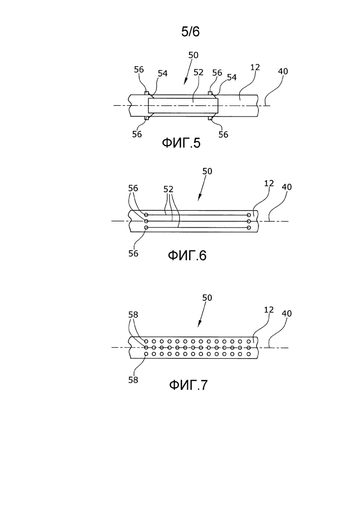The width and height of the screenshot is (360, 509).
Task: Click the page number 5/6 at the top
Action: pyautogui.click(x=190, y=32)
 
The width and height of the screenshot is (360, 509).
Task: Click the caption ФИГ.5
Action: pyautogui.click(x=181, y=144)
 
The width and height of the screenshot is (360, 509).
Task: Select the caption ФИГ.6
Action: pyautogui.click(x=187, y=255)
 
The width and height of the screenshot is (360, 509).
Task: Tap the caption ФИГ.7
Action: pyautogui.click(x=188, y=385)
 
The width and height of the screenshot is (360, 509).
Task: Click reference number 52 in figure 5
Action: pyautogui.click(x=199, y=72)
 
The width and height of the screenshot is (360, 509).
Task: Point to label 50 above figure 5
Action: pyautogui.click(x=193, y=55)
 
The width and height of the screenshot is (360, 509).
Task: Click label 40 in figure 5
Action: pyautogui.click(x=283, y=71)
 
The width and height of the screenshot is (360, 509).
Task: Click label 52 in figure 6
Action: pyautogui.click(x=169, y=188)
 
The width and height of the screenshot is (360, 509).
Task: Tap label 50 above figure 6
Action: pyautogui.click(x=208, y=172)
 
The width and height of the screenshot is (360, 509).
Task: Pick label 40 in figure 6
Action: pyautogui.click(x=287, y=187)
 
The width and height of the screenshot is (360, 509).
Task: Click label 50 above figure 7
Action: pyautogui.click(x=208, y=297)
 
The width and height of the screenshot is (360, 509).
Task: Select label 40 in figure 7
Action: pyautogui.click(x=287, y=314)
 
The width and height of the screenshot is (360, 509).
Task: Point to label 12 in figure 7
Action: pyautogui.click(x=269, y=309)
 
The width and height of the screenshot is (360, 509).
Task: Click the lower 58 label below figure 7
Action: pyautogui.click(x=133, y=379)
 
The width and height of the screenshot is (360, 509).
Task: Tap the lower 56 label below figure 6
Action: pyautogui.click(x=133, y=253)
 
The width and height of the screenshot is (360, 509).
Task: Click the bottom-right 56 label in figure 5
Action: pyautogui.click(x=223, y=134)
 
